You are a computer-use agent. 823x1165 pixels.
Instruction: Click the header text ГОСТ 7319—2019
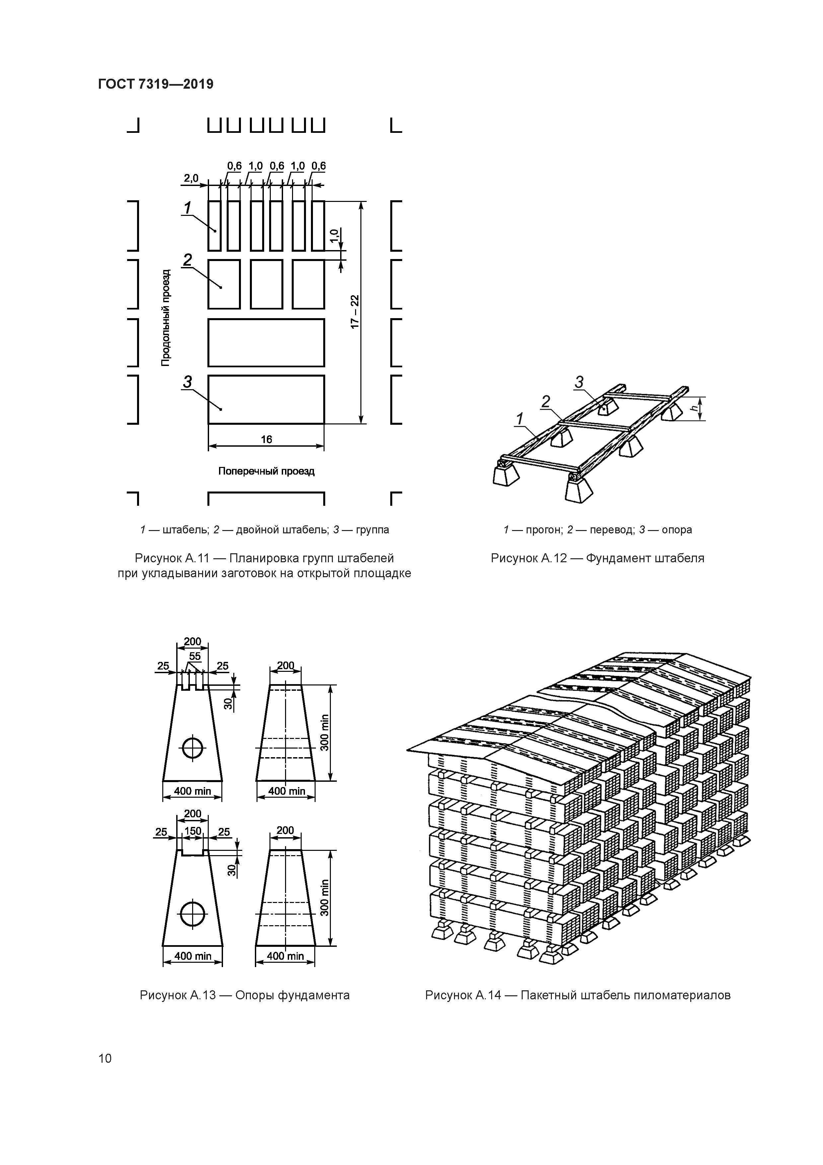[155, 84]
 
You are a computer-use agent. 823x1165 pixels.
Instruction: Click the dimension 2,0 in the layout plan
[191, 178]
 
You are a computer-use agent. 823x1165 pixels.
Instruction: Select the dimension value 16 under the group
[266, 439]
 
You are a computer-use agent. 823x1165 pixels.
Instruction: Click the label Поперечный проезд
[266, 471]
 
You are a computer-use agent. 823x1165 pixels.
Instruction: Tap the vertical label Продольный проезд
[166, 317]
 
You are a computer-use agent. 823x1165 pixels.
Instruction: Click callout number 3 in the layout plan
[187, 382]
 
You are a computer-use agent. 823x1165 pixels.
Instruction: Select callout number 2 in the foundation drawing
[546, 402]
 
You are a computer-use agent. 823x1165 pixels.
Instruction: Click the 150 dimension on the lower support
[193, 831]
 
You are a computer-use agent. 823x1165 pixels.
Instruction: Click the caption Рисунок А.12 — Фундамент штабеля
[597, 558]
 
